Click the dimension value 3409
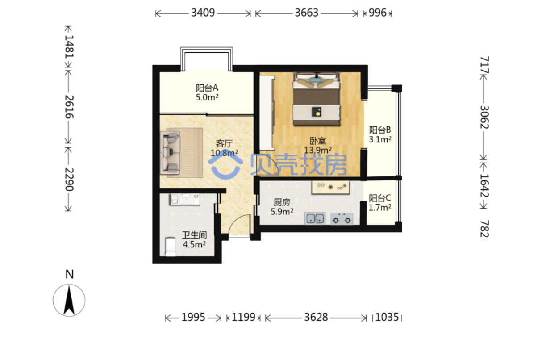coord(203,13)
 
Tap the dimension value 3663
coord(307,13)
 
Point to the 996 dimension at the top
coord(378,13)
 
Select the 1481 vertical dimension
coord(69,46)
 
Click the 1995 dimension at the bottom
coord(193,317)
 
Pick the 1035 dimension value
coord(387,317)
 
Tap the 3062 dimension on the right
coord(484,117)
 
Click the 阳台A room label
coord(207,88)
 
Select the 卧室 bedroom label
coord(317,141)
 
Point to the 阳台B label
coord(380,130)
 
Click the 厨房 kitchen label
coord(282,202)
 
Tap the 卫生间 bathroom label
coord(195,235)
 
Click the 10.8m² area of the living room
coord(224,153)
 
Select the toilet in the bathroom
coord(171,247)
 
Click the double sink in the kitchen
coord(315,218)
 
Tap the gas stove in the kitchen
coord(342,219)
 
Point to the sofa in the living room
coord(170,153)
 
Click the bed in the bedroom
coord(317,99)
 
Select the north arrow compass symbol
coord(69,300)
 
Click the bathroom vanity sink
coord(185,199)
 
